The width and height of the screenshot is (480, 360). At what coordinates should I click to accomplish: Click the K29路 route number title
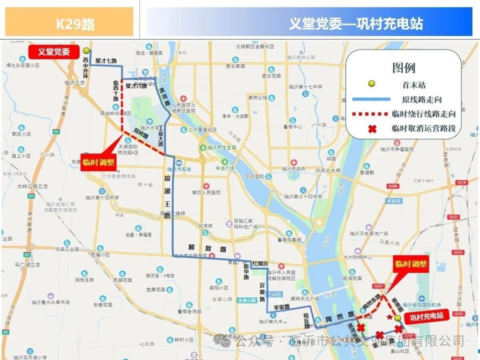tap(74, 23)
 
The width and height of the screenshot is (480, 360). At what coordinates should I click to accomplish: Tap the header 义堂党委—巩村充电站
tap(355, 23)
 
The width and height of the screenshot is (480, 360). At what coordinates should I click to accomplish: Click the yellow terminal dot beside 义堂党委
tap(86, 50)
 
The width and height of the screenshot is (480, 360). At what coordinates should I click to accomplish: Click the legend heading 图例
tap(403, 68)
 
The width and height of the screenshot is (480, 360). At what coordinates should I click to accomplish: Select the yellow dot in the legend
tap(371, 83)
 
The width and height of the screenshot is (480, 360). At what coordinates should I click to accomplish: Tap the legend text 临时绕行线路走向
tap(423, 114)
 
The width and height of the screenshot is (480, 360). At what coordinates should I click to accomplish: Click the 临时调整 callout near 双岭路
tap(98, 162)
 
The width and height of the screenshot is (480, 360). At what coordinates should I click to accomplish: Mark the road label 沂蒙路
tap(262, 292)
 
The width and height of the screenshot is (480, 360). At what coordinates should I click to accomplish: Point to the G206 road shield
tap(392, 186)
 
